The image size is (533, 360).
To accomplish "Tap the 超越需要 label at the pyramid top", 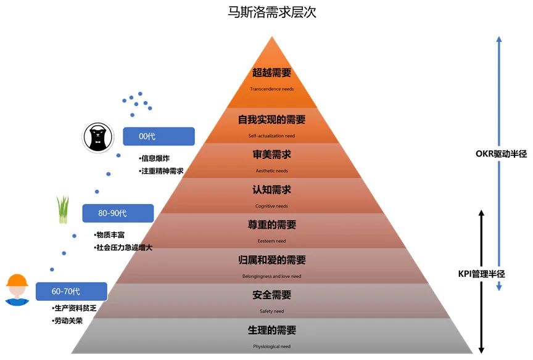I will click(x=271, y=73).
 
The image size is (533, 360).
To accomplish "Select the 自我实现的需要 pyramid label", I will click(x=271, y=120).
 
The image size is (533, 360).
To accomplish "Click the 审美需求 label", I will click(x=271, y=155).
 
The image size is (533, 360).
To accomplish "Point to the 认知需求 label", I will click(x=271, y=190).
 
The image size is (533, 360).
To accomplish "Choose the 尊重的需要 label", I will click(x=271, y=225).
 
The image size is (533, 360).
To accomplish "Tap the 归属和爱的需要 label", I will click(x=271, y=260).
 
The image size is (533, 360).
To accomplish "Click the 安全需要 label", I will click(x=271, y=295).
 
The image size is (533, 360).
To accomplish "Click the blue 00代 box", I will click(x=159, y=136).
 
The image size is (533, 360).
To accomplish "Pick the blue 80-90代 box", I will click(x=117, y=213).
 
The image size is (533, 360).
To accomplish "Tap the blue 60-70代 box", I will click(x=71, y=290).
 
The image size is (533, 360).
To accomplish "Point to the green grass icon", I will click(x=63, y=209).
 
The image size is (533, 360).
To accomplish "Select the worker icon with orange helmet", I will click(x=17, y=289).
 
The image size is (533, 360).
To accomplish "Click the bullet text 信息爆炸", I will click(x=154, y=158).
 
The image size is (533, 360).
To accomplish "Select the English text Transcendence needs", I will click(x=271, y=89).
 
